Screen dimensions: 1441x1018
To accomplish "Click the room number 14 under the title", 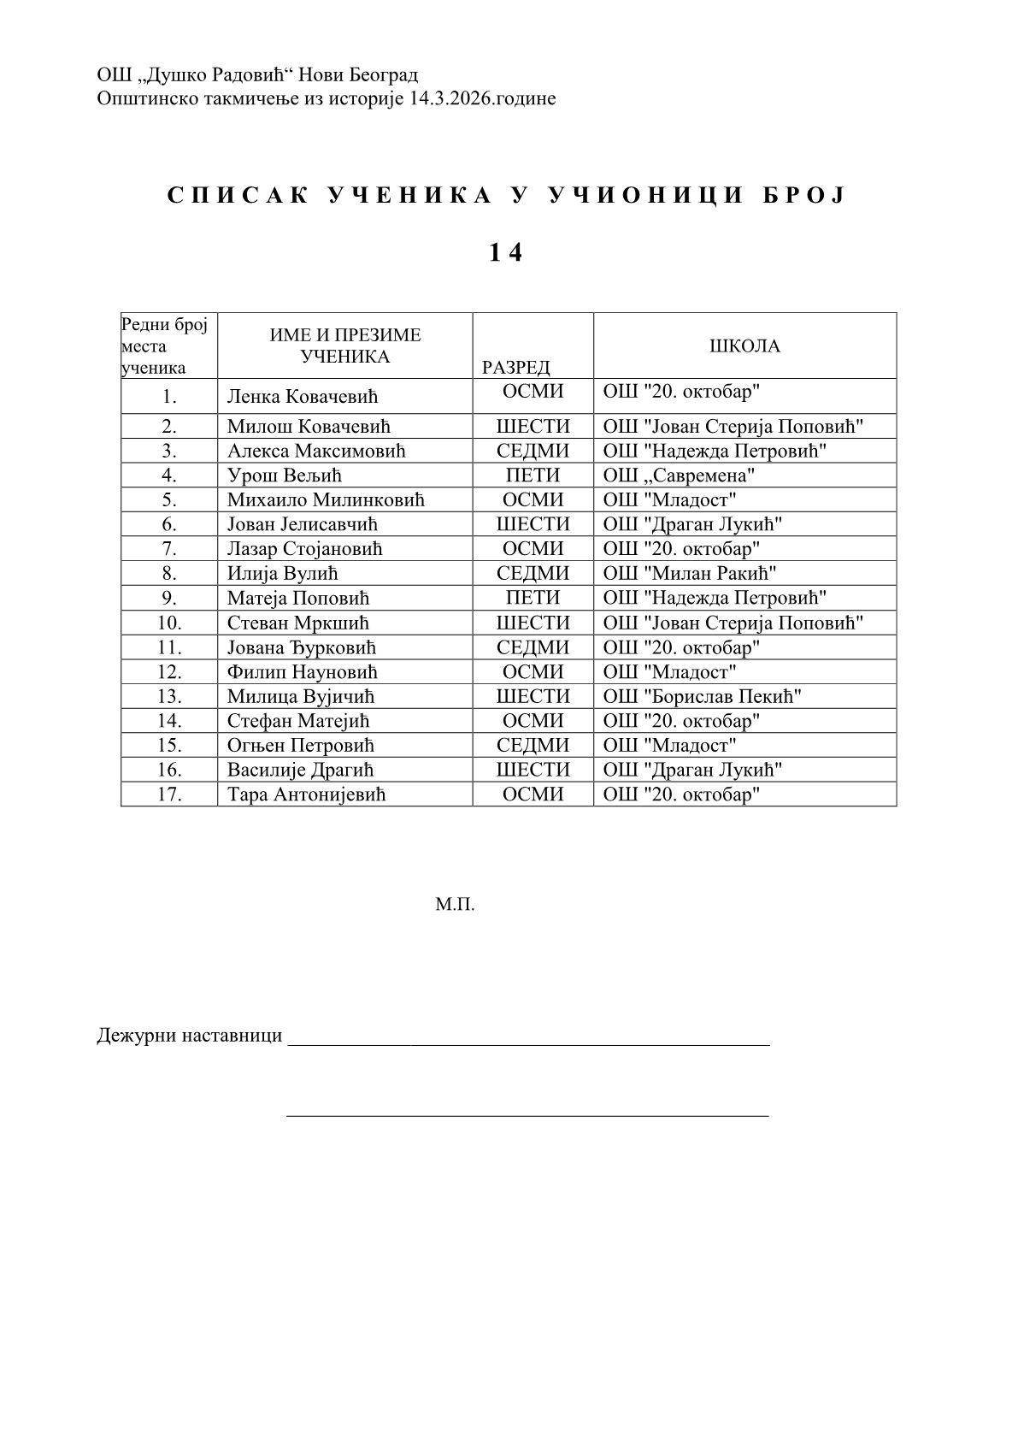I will point(505,253).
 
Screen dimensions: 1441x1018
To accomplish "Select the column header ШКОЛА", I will point(744,346).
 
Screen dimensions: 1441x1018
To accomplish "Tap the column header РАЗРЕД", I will point(515,368).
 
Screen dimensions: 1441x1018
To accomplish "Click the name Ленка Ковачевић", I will point(302,397).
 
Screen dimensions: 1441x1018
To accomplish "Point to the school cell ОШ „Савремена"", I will point(679,475).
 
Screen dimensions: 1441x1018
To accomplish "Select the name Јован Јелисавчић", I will point(302,524).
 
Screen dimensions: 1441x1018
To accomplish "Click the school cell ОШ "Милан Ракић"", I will point(689,574).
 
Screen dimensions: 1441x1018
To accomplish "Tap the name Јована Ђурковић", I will point(301,648).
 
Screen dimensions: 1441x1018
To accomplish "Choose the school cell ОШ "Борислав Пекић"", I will point(702,697).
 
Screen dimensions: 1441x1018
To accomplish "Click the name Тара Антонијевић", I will point(306,795).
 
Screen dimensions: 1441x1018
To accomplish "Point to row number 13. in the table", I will point(169,697).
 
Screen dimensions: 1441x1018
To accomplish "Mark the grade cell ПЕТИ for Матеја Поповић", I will point(533,598).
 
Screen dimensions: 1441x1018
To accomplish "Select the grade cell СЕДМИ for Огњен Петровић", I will point(533,746).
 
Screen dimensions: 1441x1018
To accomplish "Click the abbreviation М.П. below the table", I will point(455,904).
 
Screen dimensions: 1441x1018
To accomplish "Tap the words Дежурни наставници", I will point(189,1036).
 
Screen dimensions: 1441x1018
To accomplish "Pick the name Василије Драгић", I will point(300,771).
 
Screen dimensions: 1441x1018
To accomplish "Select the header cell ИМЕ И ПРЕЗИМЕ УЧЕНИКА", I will point(345,346).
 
